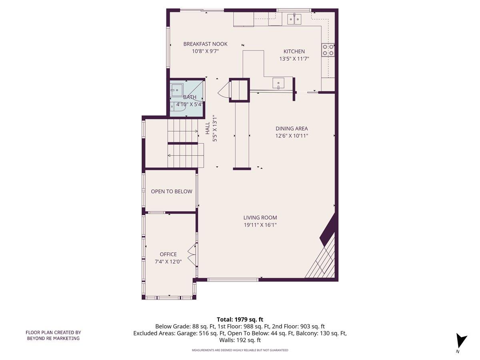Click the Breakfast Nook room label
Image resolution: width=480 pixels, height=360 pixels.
tap(205, 44)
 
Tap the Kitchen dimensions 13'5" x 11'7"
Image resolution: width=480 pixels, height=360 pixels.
tap(294, 59)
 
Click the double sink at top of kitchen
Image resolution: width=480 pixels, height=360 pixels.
tap(294, 18)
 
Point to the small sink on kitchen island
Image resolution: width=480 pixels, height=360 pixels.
tap(278, 83)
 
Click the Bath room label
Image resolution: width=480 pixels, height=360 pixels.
tap(190, 97)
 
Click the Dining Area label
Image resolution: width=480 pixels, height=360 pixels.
tap(292, 128)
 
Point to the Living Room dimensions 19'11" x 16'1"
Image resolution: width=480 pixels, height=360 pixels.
tap(260, 225)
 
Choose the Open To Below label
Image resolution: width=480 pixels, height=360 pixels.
tap(171, 192)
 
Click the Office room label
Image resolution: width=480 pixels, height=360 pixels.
tap(168, 254)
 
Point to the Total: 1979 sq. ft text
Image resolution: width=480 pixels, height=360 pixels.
tap(240, 320)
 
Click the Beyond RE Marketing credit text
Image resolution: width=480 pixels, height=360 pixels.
tap(53, 335)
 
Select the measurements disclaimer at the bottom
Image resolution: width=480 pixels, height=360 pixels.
tap(240, 350)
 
